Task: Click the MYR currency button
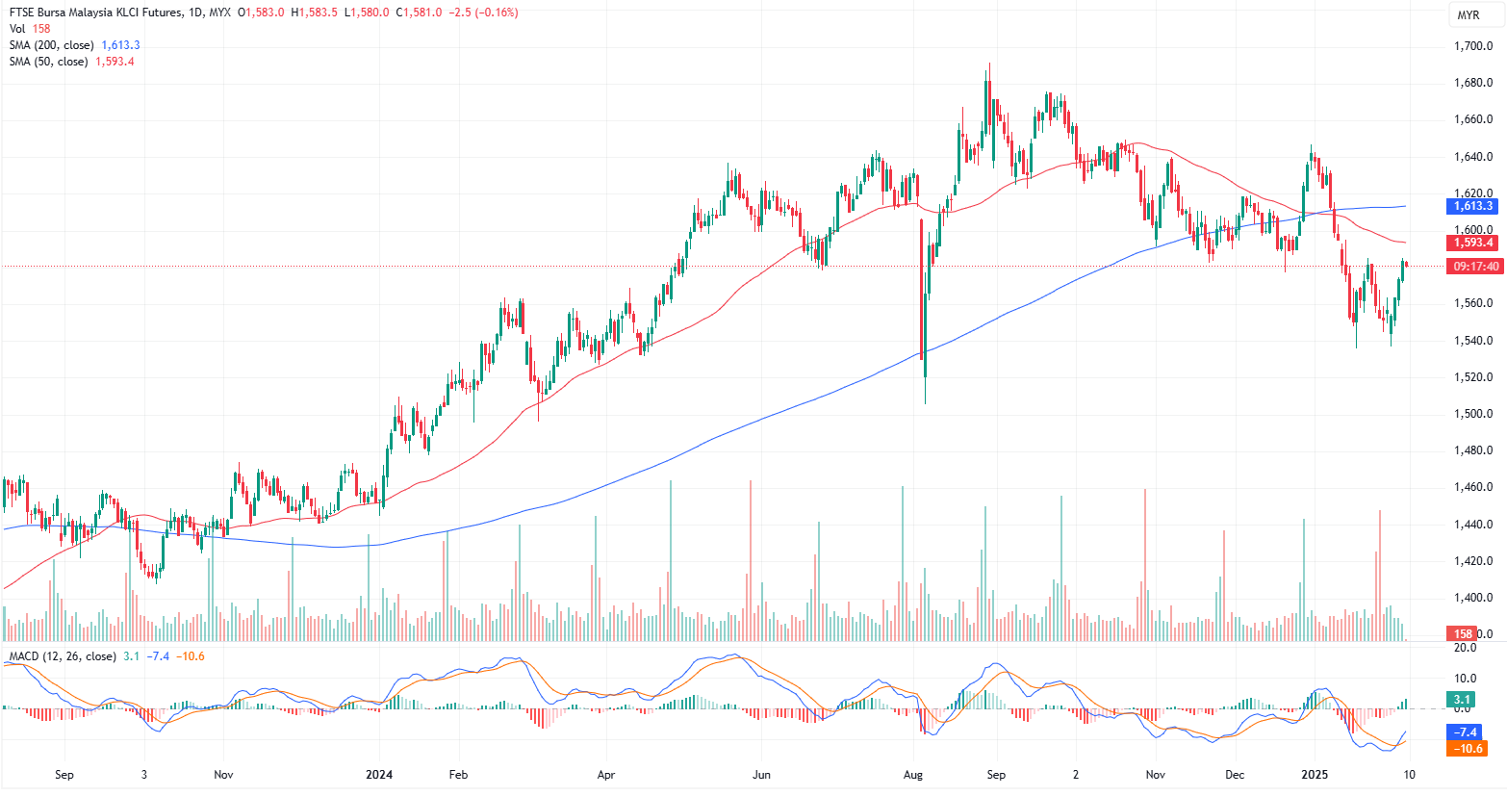pos(1468,14)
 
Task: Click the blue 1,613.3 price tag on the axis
pos(1472,206)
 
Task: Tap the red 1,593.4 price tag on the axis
pos(1472,243)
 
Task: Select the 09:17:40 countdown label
pos(1475,267)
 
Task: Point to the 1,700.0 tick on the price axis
pos(1473,46)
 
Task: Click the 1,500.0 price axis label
pos(1473,414)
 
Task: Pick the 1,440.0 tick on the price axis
pos(1473,525)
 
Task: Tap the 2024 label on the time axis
pos(380,775)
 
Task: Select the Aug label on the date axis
pos(913,775)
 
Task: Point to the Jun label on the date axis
pos(761,775)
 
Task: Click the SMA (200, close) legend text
pos(52,45)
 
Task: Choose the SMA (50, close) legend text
pos(49,62)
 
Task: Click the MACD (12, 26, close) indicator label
pos(63,656)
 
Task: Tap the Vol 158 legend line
pos(30,29)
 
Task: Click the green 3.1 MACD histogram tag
pos(1463,700)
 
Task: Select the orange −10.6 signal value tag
pos(1467,749)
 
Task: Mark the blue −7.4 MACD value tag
pos(1467,732)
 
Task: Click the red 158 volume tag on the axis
pos(1463,633)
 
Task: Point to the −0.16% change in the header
pos(498,13)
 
